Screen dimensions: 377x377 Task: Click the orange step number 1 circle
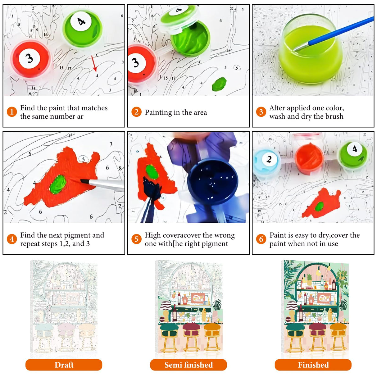12,112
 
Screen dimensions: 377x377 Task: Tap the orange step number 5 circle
136,239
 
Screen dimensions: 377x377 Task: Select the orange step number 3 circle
261,112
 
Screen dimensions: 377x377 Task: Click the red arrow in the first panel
94,64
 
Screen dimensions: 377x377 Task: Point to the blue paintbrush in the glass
334,34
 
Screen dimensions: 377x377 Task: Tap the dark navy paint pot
213,182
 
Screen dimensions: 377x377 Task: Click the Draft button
64,365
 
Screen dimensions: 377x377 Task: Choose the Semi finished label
188,365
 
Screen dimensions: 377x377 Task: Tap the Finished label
313,365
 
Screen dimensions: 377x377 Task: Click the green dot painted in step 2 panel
219,84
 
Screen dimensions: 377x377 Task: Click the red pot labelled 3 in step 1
30,59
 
